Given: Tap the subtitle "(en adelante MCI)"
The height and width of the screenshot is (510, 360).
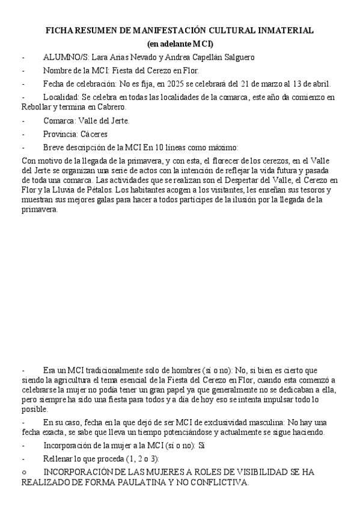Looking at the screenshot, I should click(x=180, y=44).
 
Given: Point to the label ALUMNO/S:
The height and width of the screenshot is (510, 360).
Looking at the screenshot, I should click(x=66, y=57).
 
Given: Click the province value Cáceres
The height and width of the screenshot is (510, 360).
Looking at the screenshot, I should click(x=98, y=134).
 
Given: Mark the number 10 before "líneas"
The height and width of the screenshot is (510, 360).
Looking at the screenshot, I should click(x=159, y=147).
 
